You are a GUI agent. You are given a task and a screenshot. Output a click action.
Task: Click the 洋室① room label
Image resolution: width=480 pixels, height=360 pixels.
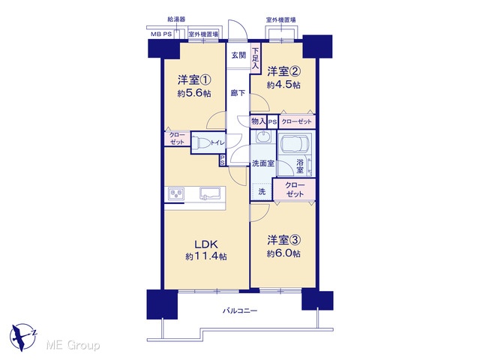[x=194, y=80]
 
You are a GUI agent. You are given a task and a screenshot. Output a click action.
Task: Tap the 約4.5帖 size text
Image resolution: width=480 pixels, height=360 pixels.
[x=283, y=85]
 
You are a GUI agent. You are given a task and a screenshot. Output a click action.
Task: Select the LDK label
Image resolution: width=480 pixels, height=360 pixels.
[x=206, y=244]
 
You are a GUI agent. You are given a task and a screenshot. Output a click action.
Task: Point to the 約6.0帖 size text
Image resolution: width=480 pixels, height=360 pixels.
[x=283, y=253]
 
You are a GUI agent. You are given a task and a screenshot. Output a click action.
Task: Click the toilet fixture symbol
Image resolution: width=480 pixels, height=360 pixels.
[x=201, y=142]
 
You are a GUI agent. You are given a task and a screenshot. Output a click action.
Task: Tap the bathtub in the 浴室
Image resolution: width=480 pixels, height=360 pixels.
[x=294, y=145]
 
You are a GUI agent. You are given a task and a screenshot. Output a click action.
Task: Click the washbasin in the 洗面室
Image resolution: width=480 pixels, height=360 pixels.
[x=262, y=136]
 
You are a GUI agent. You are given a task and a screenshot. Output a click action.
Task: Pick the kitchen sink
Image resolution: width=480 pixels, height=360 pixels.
[x=210, y=193]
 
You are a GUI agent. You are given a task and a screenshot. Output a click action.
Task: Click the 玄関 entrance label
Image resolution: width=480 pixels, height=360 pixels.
[x=238, y=55]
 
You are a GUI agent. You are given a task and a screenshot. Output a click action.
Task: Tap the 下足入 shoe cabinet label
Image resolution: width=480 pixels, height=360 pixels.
[x=255, y=58]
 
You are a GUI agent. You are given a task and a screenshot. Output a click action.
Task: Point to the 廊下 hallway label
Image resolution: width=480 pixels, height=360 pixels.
[x=238, y=93]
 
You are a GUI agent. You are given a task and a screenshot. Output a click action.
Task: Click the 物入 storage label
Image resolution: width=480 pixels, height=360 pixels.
[x=258, y=121]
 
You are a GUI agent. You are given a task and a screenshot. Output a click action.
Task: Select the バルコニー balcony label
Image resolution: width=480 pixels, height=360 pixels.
[x=240, y=311]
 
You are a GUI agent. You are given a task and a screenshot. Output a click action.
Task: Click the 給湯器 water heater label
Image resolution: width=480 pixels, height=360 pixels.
[x=176, y=19]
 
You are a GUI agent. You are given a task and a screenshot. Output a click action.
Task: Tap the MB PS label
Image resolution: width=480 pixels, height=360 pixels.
[x=161, y=34]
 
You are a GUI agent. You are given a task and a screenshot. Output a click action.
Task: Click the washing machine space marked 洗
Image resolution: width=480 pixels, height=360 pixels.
[x=262, y=192]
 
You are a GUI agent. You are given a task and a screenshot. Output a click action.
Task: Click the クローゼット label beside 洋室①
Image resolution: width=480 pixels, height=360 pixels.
[x=177, y=138]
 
